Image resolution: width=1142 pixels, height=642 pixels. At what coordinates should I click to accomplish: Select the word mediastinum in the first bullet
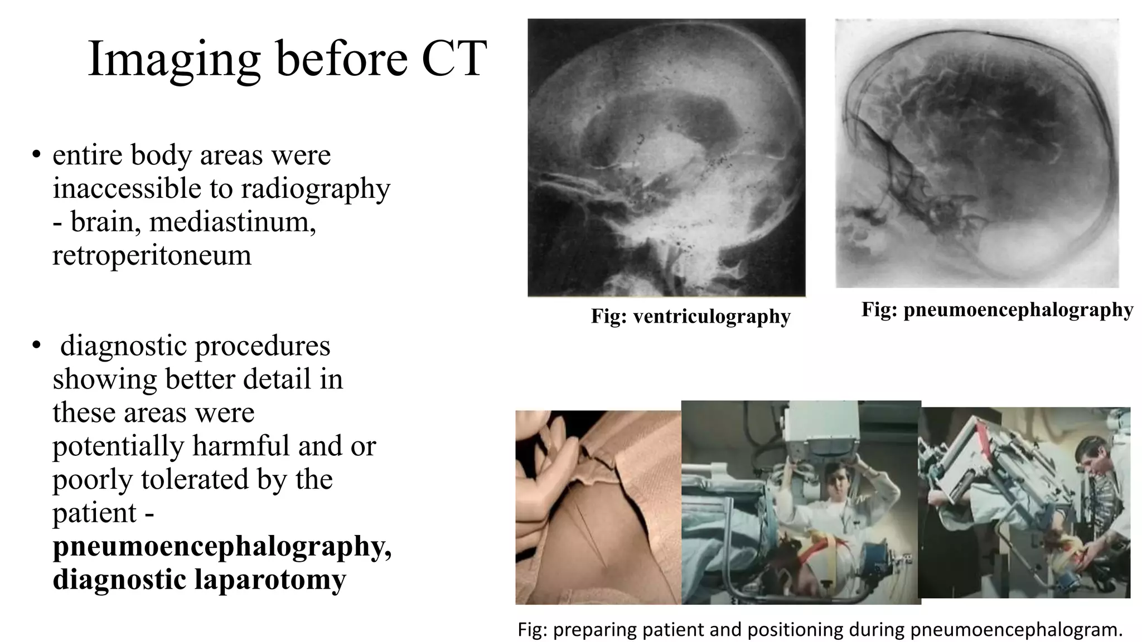click(x=233, y=222)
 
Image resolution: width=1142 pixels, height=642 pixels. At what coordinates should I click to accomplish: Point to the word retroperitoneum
click(x=152, y=255)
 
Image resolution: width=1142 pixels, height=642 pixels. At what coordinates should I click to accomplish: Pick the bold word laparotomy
click(x=270, y=580)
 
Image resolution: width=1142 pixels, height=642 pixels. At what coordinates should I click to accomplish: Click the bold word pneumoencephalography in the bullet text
click(x=222, y=546)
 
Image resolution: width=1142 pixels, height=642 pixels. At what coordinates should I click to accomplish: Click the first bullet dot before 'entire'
click(x=36, y=154)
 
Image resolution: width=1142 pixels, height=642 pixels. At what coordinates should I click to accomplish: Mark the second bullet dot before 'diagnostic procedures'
click(x=36, y=346)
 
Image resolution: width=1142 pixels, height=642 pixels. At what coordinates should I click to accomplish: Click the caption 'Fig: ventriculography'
click(x=690, y=317)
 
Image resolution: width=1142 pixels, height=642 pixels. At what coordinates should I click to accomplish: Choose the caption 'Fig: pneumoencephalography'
click(x=997, y=309)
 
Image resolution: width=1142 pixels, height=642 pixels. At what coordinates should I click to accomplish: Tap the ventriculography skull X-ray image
click(x=666, y=158)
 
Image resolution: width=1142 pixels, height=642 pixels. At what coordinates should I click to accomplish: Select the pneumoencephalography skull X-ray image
click(x=977, y=153)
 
